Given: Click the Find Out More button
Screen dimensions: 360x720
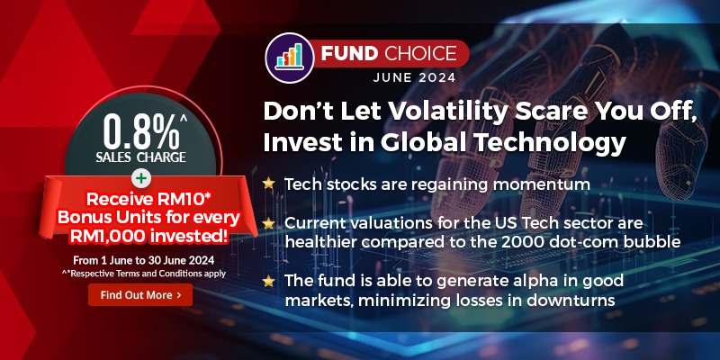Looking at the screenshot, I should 140,294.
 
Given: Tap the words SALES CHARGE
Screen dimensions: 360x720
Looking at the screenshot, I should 139,157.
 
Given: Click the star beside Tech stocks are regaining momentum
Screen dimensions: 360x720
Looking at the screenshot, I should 268,184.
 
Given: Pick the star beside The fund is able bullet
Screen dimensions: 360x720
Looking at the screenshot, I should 268,281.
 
